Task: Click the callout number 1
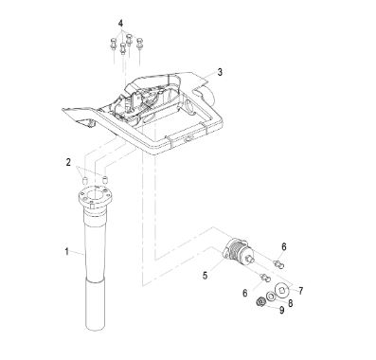pos(66,252)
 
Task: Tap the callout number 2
pos(68,162)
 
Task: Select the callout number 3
pos(220,72)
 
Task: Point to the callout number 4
pos(121,24)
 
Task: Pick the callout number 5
pos(206,276)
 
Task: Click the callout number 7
pos(300,290)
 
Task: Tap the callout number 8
pos(290,302)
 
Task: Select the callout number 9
pos(282,310)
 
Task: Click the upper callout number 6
pos(284,246)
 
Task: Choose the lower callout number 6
pos(245,293)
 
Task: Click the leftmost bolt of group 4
pos(114,44)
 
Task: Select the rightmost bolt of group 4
pos(139,44)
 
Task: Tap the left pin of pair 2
pos(84,181)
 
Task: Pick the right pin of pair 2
pos(105,180)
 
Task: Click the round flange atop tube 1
pos(96,197)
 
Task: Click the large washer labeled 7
pos(281,288)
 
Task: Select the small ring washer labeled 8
pos(271,297)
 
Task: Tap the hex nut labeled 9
pos(260,302)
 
